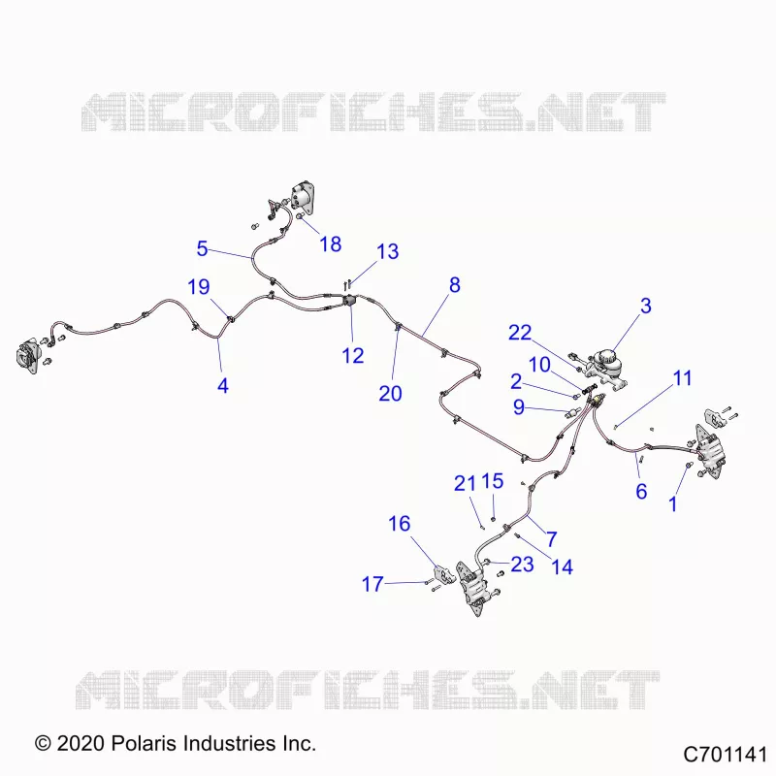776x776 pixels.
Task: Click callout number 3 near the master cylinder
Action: [x=645, y=306]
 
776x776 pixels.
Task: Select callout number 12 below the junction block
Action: [x=353, y=355]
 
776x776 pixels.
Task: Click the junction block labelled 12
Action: [x=349, y=301]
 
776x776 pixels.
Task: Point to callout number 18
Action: [x=330, y=244]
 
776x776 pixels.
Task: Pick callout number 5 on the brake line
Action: [x=202, y=248]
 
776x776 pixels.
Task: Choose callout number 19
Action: [x=199, y=287]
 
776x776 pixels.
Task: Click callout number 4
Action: [x=223, y=385]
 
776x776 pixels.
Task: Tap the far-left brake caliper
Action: [x=27, y=354]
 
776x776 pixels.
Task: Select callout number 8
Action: [x=455, y=285]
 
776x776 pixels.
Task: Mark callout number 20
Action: [x=390, y=394]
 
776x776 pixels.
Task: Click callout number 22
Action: [x=520, y=333]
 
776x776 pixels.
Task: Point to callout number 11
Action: [x=682, y=378]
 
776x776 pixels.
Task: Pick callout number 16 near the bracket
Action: [x=399, y=524]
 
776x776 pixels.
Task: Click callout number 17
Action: [x=372, y=584]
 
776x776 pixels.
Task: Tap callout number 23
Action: [x=522, y=565]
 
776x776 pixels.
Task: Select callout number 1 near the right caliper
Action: [x=672, y=504]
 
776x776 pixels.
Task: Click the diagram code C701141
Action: [x=725, y=755]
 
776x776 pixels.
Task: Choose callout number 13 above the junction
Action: [x=387, y=251]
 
